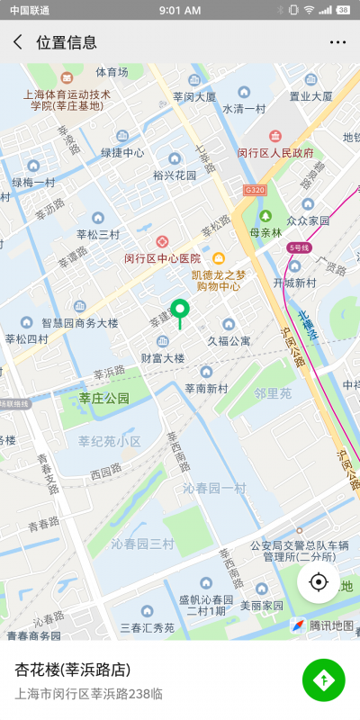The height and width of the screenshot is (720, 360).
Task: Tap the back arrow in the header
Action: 18,42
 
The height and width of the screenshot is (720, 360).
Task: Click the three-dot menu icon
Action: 338,42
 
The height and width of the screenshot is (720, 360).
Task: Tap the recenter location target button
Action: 318,582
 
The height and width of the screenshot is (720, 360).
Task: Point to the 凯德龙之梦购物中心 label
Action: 218,281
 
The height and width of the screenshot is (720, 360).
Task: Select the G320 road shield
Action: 255,190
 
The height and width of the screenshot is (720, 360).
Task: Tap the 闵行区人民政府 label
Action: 275,153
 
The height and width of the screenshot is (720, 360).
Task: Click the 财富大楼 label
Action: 163,357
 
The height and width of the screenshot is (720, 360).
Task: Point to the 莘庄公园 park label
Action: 104,398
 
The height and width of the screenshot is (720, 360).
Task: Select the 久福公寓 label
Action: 229,341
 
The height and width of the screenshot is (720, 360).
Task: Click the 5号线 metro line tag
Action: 298,247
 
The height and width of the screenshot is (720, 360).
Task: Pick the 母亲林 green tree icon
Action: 266,216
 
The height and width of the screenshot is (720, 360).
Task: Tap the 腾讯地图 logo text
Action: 330,625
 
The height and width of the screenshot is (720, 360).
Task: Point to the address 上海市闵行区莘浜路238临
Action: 88,693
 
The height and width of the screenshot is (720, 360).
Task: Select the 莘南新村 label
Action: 206,388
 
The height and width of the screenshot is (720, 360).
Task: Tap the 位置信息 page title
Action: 67,42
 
